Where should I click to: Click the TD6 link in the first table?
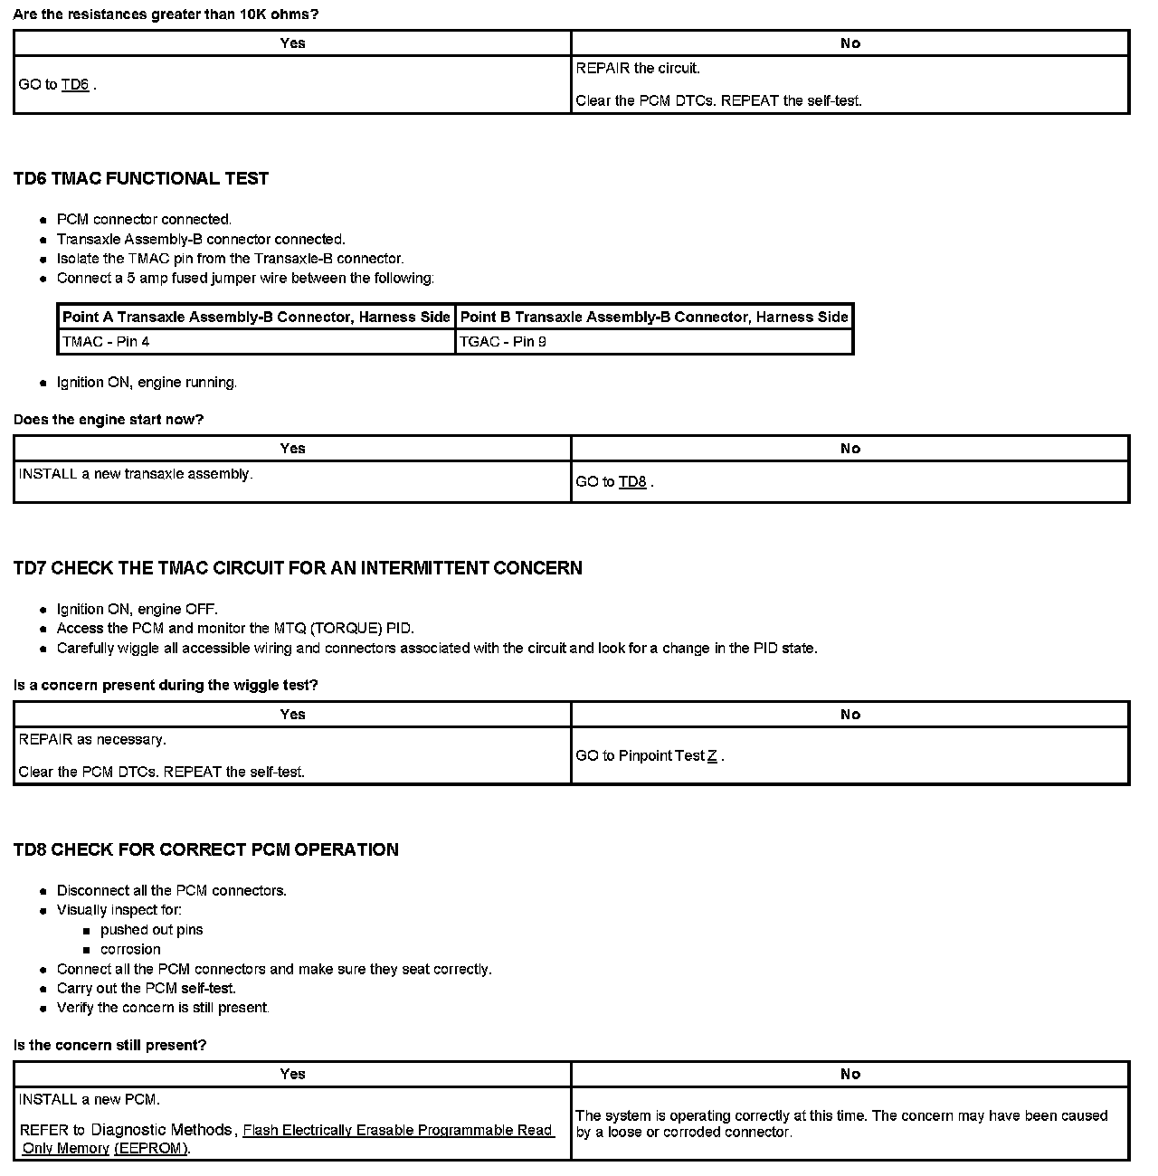[75, 85]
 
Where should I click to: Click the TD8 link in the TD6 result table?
[632, 482]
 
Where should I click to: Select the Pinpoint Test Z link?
[712, 756]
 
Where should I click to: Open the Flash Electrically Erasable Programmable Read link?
[397, 1130]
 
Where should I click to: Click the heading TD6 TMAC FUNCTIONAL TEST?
[141, 179]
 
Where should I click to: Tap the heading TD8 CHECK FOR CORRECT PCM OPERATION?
[206, 850]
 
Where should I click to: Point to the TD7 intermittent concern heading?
[298, 568]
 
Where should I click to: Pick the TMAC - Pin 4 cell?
[106, 342]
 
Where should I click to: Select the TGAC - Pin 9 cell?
[503, 342]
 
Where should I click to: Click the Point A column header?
[256, 318]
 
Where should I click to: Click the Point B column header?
[654, 318]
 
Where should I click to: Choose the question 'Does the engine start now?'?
[109, 420]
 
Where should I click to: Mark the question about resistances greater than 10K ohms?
[166, 14]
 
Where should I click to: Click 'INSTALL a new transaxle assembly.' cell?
[136, 474]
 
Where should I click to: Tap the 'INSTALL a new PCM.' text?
[90, 1100]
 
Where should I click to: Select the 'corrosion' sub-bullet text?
[130, 950]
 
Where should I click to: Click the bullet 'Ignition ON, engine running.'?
[147, 383]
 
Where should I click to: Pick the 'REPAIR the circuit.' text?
[638, 69]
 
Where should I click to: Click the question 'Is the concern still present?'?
[110, 1046]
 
